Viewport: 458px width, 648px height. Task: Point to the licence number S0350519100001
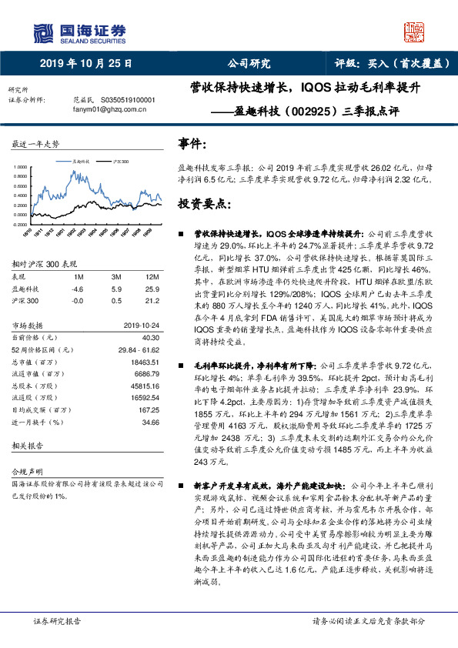(x=123, y=100)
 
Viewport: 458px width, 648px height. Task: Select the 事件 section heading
(x=192, y=144)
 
